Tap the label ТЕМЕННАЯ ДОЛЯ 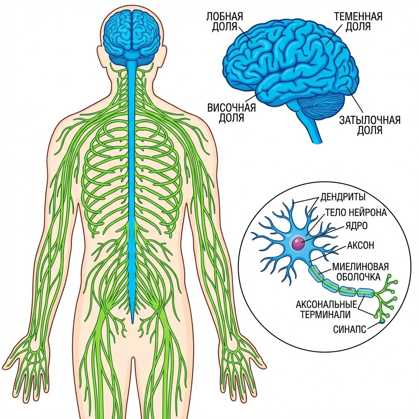(358, 22)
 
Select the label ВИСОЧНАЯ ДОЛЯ (232, 113)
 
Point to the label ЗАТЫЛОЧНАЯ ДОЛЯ (369, 125)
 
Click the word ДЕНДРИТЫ (343, 197)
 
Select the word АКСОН (360, 246)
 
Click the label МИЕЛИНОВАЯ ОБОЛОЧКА (360, 272)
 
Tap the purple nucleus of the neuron (297, 244)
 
